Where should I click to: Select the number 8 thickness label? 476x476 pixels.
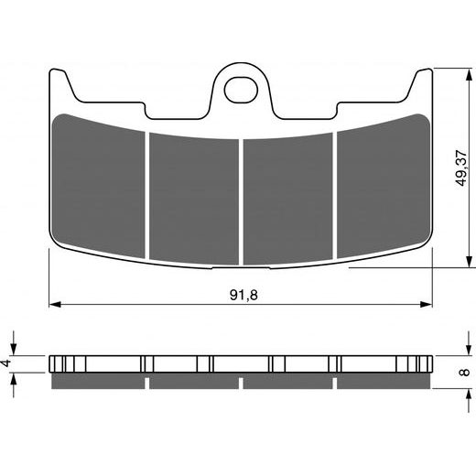463,372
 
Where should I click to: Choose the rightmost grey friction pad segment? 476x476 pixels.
383,181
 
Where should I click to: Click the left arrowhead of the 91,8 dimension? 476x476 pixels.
53,302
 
